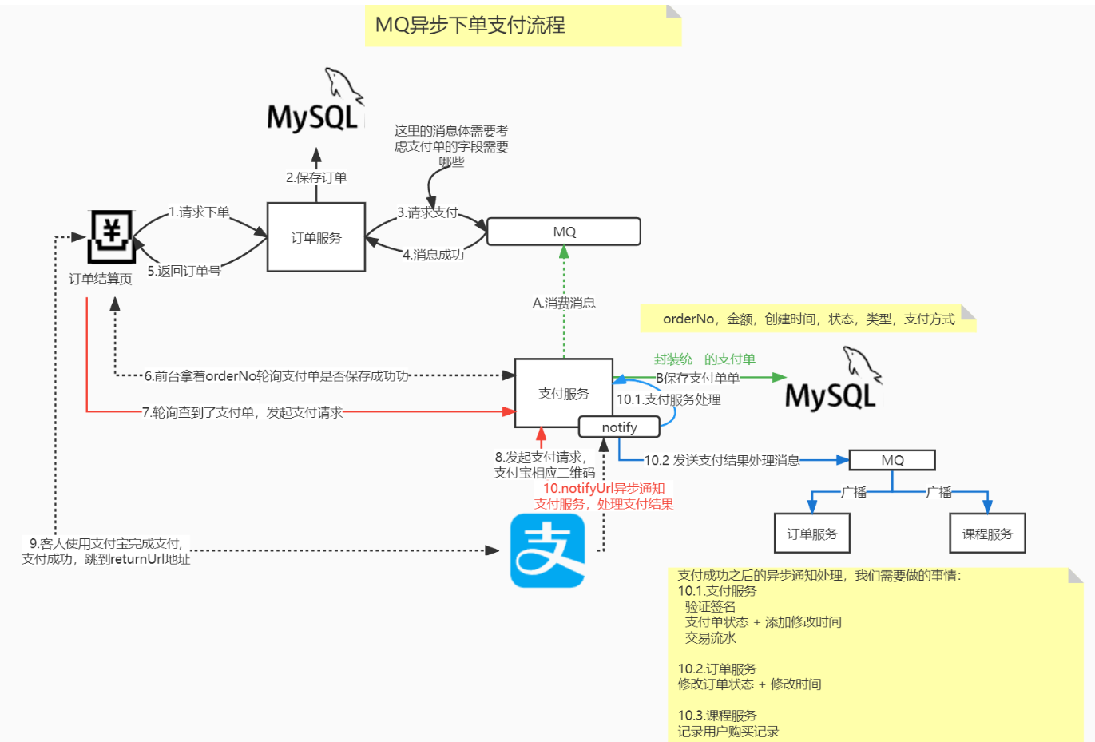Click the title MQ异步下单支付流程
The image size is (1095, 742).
pos(470,26)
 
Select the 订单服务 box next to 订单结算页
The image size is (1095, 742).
pos(315,237)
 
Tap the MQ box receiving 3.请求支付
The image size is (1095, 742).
pos(564,232)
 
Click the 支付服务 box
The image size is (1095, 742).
pos(563,393)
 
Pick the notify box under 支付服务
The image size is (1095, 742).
pos(619,427)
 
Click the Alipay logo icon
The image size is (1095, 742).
pos(547,550)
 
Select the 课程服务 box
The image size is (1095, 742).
pos(987,534)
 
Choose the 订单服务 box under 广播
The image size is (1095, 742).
pos(811,534)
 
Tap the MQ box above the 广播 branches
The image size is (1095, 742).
pos(892,460)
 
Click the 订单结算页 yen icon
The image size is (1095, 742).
pos(111,236)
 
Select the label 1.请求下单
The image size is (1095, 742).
pos(199,212)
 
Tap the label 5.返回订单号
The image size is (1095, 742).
pos(184,271)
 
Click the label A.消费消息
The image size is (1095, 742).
pos(564,303)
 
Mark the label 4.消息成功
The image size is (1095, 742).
pos(433,255)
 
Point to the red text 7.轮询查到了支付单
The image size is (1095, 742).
pos(242,412)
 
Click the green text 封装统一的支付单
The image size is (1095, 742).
pos(704,359)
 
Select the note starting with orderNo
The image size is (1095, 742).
pos(808,319)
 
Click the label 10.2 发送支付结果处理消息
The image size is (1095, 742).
pos(722,460)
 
